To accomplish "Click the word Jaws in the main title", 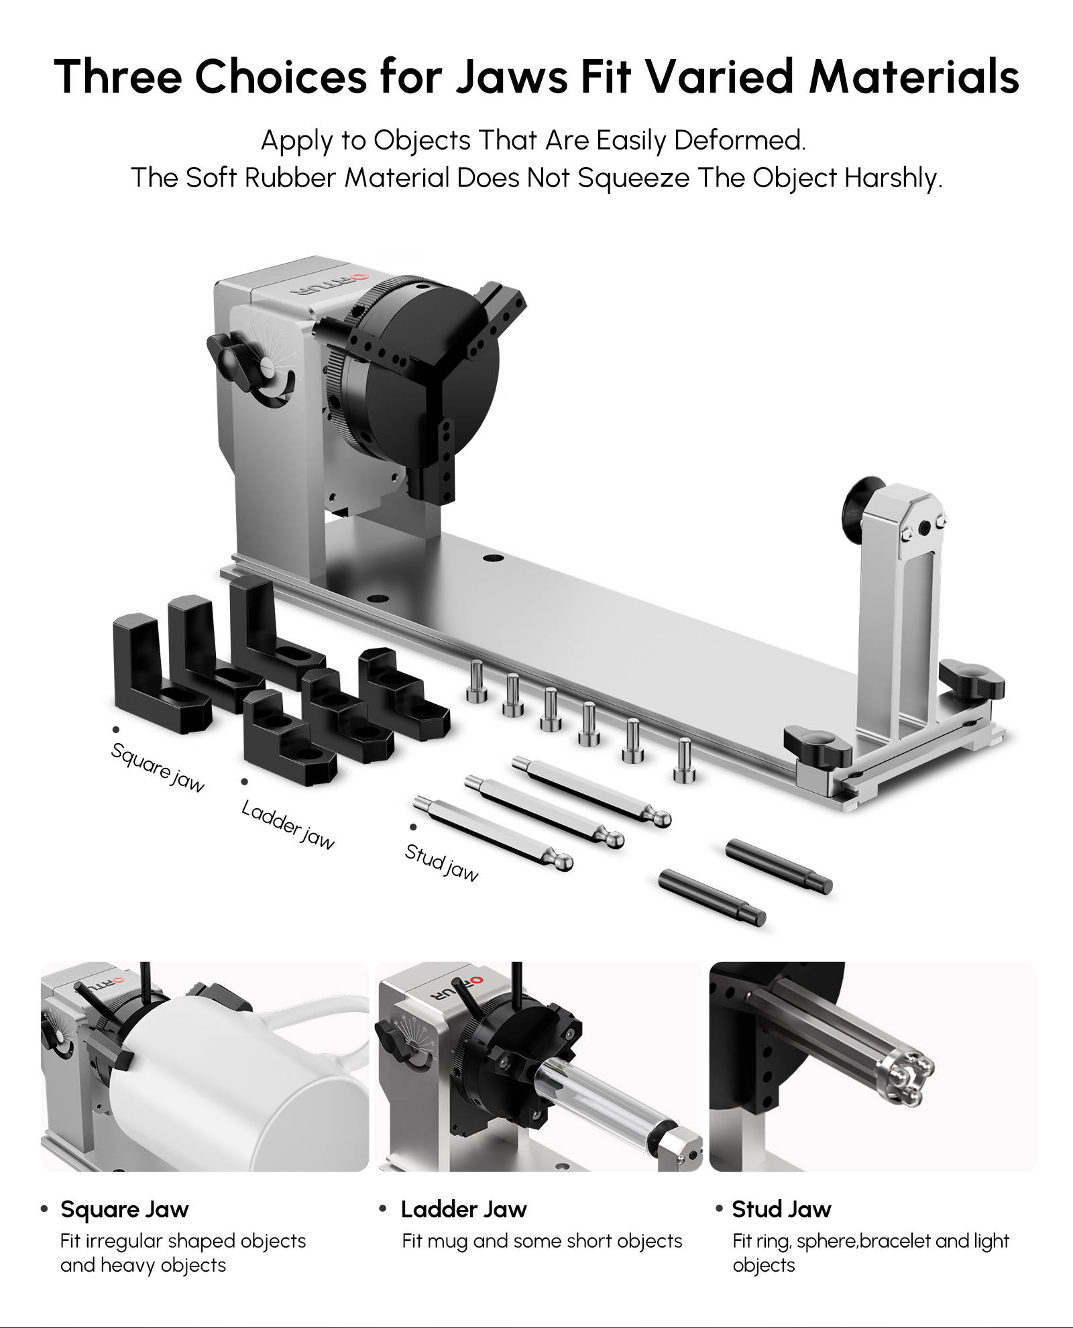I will point(512,75).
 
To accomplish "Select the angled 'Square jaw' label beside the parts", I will point(158,768).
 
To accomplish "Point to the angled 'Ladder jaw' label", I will point(288,826).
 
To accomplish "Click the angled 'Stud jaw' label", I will point(441,863).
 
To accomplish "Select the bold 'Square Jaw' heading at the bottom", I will point(125,1209).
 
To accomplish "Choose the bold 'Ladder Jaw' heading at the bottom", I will point(463,1209).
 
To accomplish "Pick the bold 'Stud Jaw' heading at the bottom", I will point(781,1209).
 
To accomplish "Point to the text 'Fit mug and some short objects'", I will point(542,1241).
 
